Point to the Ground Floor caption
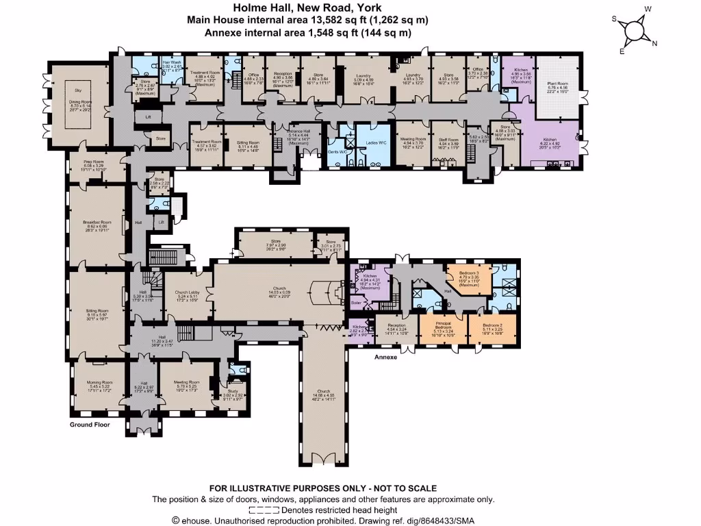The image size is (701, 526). point(90,425)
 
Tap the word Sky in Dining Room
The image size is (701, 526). point(79,89)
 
